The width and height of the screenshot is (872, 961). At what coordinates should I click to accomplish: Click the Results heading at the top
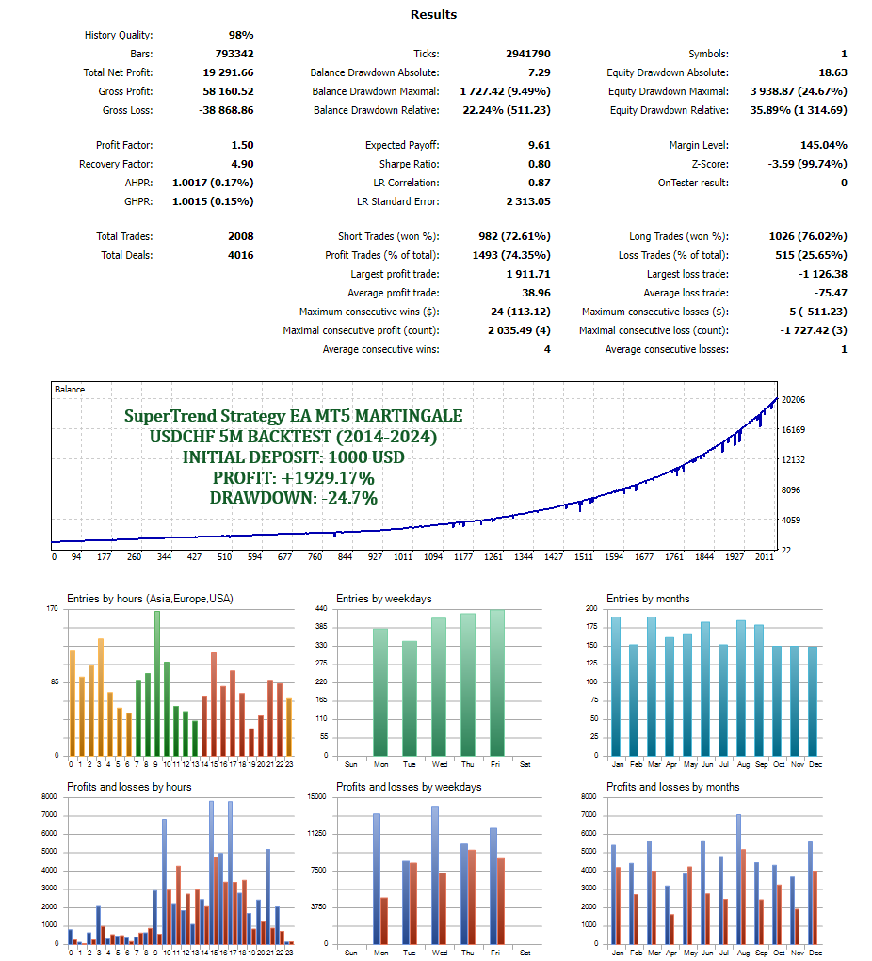point(434,14)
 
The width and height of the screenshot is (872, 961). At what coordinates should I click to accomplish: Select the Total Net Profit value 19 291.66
point(227,72)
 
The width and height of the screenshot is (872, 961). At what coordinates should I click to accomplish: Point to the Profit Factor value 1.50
point(242,145)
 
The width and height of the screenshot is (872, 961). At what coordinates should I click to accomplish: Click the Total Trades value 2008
point(240,236)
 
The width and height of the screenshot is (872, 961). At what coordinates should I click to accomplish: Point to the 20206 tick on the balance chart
point(794,400)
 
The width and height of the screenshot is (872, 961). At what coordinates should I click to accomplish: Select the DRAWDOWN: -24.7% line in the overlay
point(294,498)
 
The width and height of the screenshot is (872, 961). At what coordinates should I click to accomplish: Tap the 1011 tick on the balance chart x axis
point(402,557)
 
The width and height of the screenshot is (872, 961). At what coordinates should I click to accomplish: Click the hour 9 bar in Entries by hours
point(157,683)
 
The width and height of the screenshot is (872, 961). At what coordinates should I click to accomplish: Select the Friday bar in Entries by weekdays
point(496,682)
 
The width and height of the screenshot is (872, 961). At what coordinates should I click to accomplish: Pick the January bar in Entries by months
point(617,686)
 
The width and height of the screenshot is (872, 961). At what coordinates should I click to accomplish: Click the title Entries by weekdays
point(384,599)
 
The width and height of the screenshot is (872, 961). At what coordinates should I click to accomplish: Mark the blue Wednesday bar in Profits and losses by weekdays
point(435,874)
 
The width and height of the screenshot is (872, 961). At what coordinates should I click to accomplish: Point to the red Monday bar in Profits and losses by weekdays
point(384,921)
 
